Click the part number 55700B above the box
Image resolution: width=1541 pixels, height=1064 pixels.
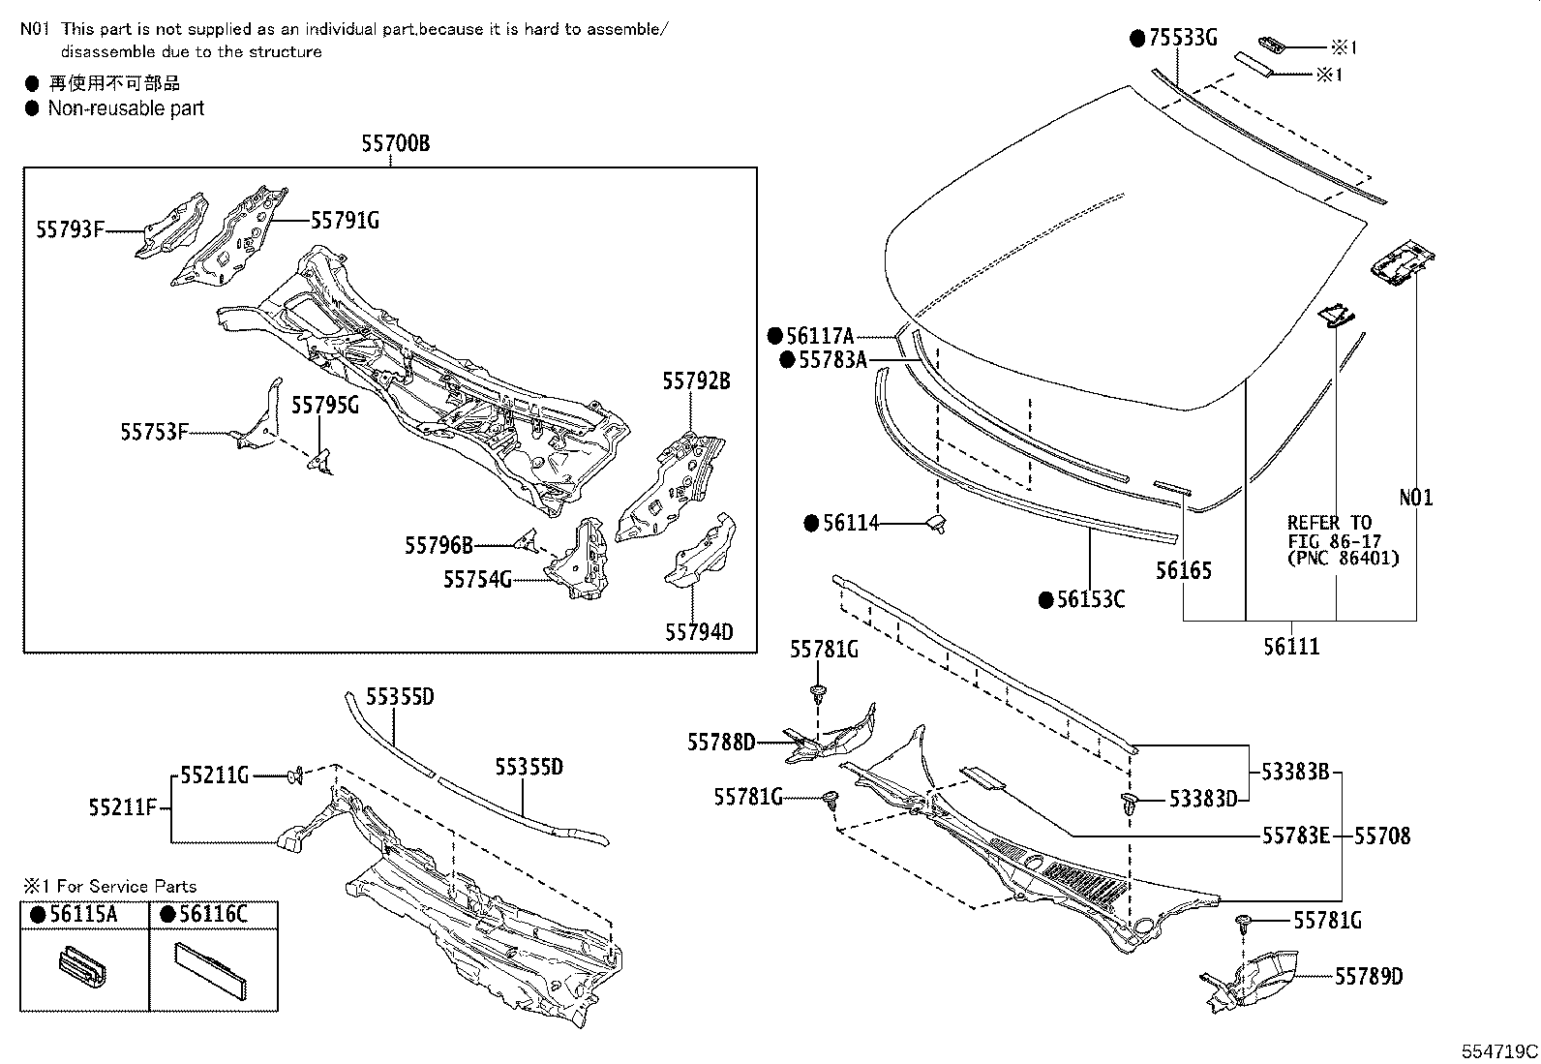coord(395,143)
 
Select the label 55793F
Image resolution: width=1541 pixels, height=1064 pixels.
coord(70,229)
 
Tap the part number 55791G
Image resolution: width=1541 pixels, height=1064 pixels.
coord(345,221)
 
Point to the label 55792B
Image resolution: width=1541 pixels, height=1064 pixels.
coord(696,380)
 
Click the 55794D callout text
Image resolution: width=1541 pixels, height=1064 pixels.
coord(699,632)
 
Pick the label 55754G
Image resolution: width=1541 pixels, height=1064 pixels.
coord(477,579)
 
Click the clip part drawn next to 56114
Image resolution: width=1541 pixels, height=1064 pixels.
coord(936,524)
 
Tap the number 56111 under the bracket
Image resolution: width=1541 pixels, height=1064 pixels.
coord(1291,646)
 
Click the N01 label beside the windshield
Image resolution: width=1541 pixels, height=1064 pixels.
coord(1416,498)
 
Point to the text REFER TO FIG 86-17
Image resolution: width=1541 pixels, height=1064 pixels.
coord(1329,532)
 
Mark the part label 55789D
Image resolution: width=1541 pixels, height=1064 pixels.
coord(1369,977)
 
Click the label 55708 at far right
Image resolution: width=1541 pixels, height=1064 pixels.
coord(1381,835)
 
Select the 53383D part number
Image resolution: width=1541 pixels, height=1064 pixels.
coord(1203,799)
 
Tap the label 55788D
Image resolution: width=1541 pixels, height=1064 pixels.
coord(721,743)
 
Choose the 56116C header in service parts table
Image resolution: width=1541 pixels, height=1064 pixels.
coord(213,915)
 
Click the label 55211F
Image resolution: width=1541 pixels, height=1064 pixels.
coord(122,807)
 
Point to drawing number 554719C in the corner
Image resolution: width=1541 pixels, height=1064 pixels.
coord(1499,1050)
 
